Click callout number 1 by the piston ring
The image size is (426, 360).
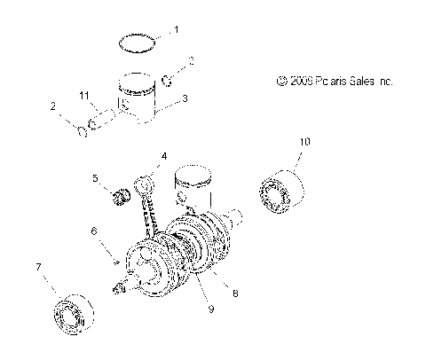(x=175, y=30)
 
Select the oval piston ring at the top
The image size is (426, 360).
(x=139, y=41)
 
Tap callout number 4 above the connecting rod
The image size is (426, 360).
(x=163, y=157)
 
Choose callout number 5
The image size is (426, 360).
(x=95, y=177)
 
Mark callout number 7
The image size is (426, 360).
(x=37, y=267)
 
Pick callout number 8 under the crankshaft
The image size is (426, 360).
(x=234, y=292)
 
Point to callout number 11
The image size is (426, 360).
(x=85, y=95)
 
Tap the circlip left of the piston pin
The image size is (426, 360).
(x=83, y=132)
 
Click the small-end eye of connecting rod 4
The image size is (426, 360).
(x=146, y=184)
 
